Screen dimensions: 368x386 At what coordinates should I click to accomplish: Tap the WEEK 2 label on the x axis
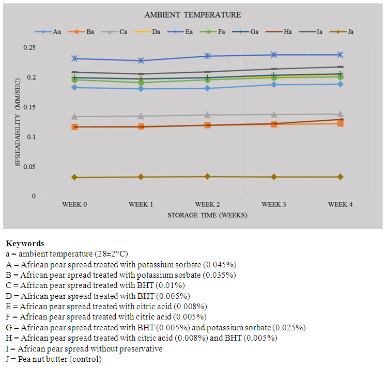tap(207, 205)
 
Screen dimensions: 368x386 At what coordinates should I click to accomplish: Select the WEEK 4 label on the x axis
tap(340, 205)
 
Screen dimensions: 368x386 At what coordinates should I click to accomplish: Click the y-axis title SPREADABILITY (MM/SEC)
tap(18, 122)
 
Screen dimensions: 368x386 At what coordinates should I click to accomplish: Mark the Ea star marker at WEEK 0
tap(74, 58)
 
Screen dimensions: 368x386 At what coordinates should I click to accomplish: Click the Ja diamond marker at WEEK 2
tap(207, 177)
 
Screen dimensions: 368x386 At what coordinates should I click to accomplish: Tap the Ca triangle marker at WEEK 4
tap(340, 114)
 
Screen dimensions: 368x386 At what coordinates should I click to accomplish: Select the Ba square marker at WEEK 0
tap(74, 127)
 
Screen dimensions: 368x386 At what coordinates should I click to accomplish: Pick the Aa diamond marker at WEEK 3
tap(274, 85)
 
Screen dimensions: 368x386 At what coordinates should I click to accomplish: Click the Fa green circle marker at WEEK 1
tap(141, 82)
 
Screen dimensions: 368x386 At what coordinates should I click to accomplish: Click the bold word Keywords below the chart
tap(25, 244)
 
